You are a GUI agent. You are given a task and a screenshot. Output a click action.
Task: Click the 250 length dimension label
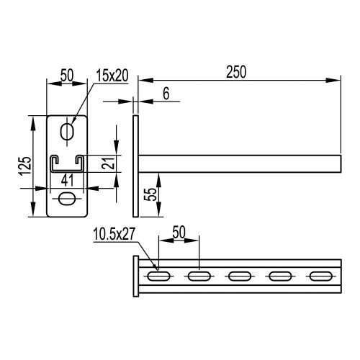pos(236,72)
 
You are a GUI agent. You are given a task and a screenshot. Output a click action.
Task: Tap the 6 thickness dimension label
pos(166,94)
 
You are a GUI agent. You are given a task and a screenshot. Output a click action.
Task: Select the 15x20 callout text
pos(112,76)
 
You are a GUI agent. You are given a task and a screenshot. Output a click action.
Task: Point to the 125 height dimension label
pos(25,166)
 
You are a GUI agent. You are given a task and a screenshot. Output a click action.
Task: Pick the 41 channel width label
pos(67,180)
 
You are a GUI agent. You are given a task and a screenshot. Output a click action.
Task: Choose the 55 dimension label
pos(151,194)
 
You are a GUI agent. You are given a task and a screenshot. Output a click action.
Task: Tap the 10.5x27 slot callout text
pos(114,234)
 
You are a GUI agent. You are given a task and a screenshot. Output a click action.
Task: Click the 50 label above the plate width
pos(67,75)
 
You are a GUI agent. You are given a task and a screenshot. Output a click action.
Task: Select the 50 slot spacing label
pos(179,232)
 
